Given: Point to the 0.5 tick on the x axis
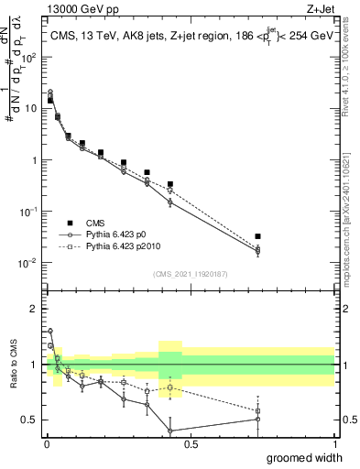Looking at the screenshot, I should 190,443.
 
